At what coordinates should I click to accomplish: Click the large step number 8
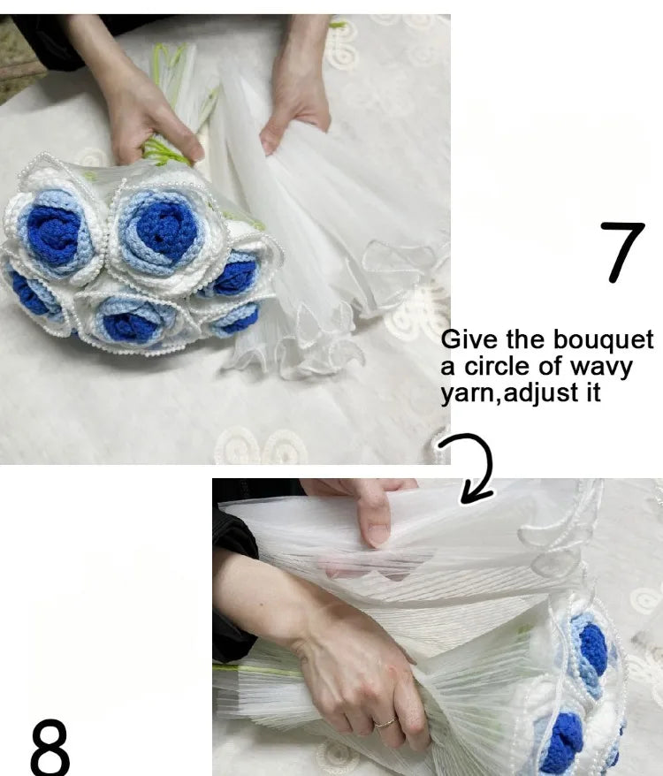pyautogui.click(x=50, y=747)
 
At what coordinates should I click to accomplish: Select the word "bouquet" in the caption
pyautogui.click(x=603, y=341)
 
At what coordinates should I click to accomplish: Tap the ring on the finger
pyautogui.click(x=385, y=722)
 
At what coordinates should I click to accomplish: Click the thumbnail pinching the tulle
pyautogui.click(x=378, y=535)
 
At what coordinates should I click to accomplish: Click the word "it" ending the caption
pyautogui.click(x=593, y=393)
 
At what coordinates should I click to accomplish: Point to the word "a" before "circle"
pyautogui.click(x=447, y=369)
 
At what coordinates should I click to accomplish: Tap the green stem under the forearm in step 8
pyautogui.click(x=257, y=670)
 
